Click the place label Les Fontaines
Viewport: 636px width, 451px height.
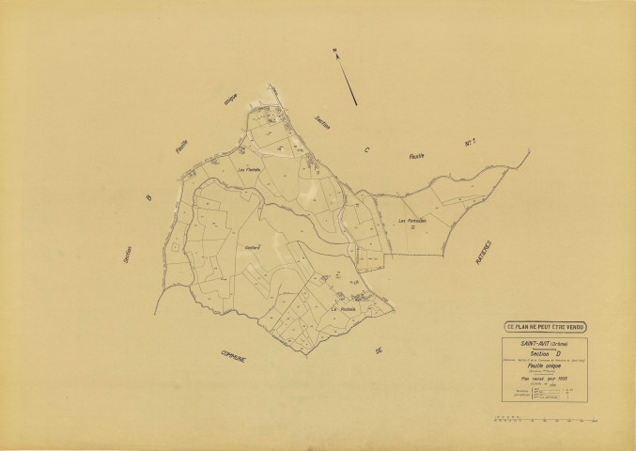coord(412,220)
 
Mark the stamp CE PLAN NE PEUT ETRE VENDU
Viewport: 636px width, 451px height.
coord(545,326)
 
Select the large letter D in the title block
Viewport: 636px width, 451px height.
coord(556,353)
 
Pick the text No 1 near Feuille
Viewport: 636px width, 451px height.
coord(473,143)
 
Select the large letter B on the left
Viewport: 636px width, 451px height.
coord(147,197)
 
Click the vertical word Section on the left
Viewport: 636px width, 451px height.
coord(128,259)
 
